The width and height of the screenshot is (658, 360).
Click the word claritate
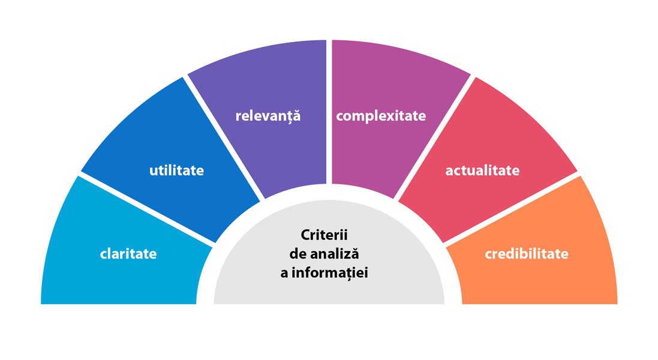click(128, 254)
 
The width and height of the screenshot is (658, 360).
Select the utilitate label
click(177, 170)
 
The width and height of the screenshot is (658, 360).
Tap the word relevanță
click(268, 116)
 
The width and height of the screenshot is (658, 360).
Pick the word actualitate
click(483, 170)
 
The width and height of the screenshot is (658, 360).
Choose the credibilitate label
click(527, 254)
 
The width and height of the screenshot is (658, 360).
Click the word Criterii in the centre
click(325, 235)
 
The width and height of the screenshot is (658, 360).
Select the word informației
click(330, 273)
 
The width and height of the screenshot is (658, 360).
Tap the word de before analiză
click(298, 254)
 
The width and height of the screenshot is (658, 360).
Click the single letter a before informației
click(284, 274)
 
